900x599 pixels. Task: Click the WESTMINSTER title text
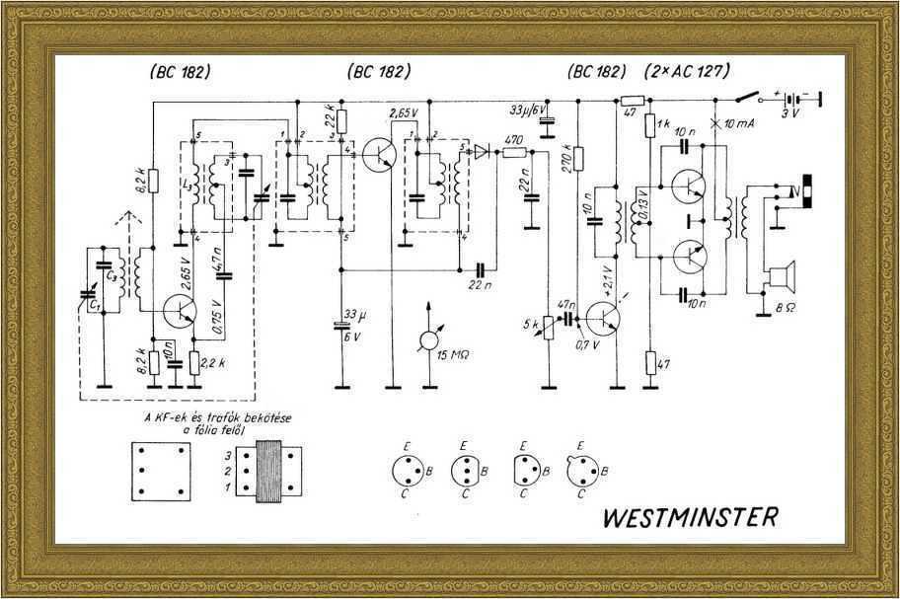coord(689,516)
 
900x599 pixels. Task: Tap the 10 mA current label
coord(743,125)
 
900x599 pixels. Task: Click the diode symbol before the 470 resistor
coord(480,151)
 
